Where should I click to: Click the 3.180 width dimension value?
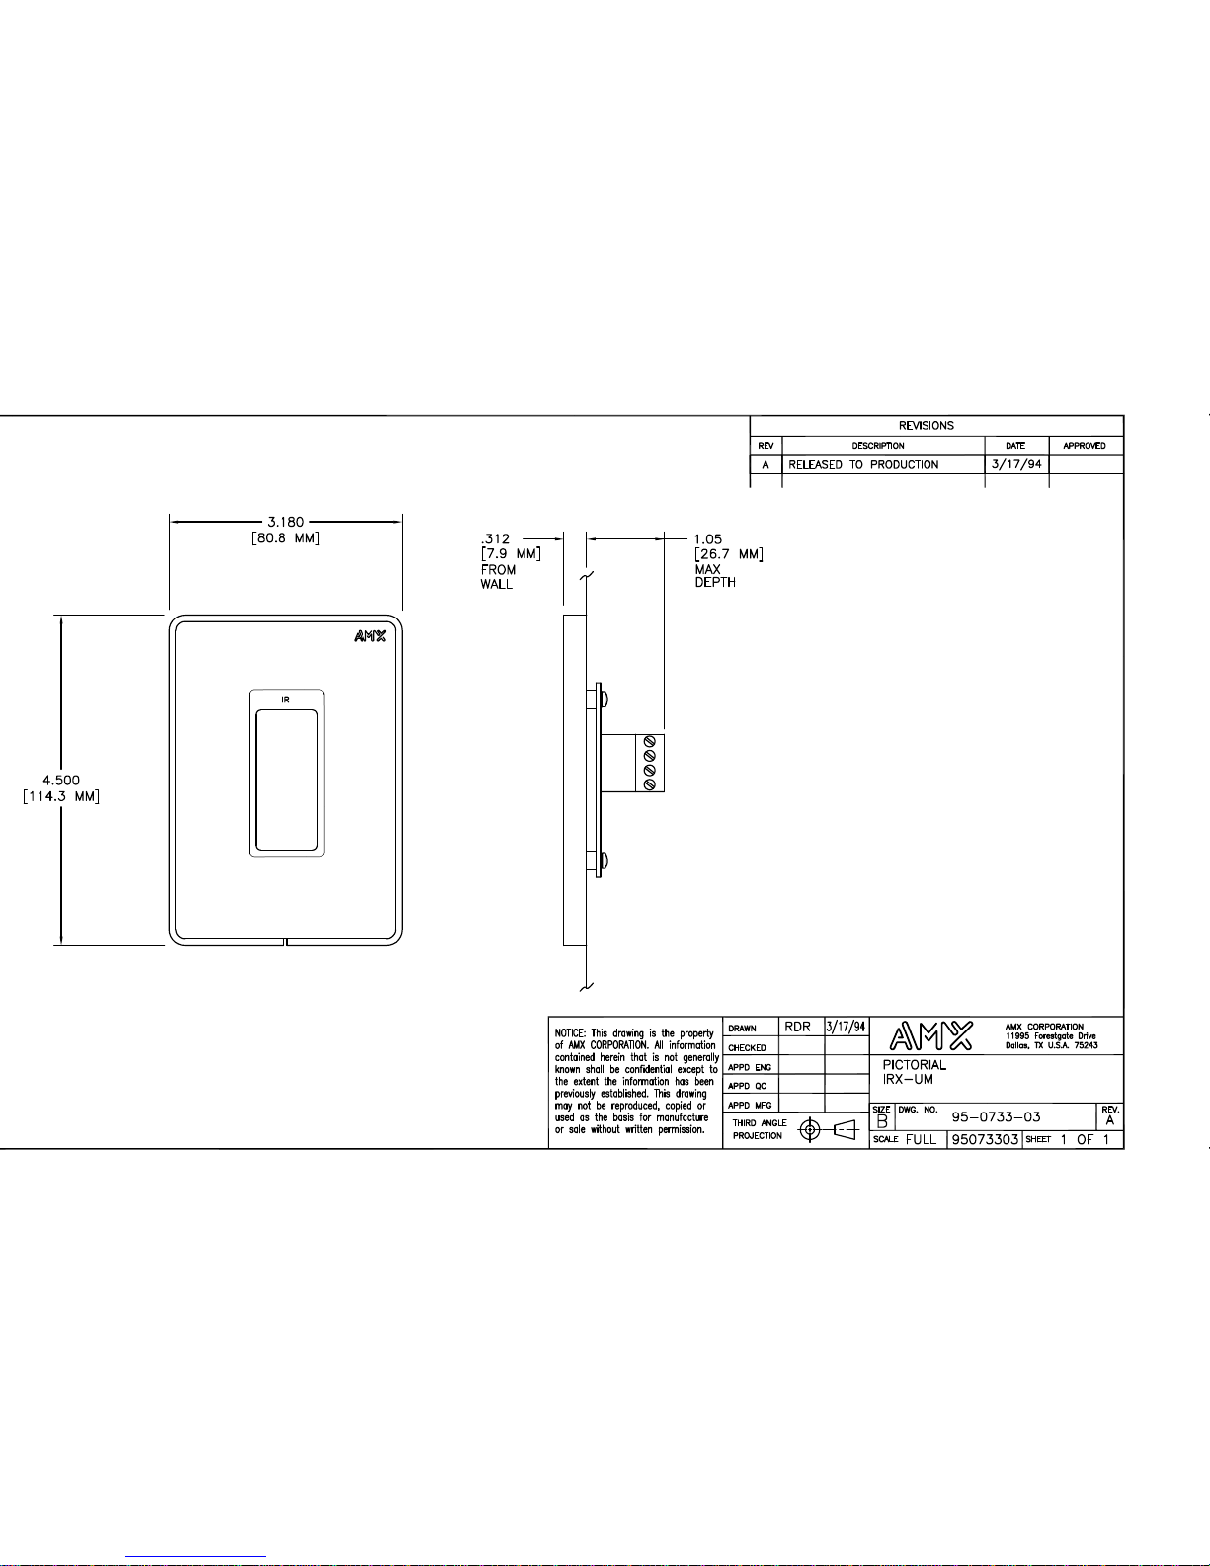point(285,522)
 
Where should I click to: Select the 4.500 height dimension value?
point(61,781)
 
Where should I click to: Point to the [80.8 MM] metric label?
point(285,538)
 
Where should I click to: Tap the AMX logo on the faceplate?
point(370,635)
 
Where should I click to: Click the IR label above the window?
point(285,700)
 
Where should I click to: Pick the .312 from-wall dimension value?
point(496,539)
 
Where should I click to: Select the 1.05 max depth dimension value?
point(708,539)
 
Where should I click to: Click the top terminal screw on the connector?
point(650,742)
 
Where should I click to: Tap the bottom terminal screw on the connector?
point(650,784)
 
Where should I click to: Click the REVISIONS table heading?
point(927,426)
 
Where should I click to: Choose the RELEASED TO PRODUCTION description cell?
point(863,464)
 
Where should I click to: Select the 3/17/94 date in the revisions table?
point(1016,464)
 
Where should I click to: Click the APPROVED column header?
point(1085,446)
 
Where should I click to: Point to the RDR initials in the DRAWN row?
point(797,1027)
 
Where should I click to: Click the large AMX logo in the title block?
point(931,1035)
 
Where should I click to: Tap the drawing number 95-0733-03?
point(996,1117)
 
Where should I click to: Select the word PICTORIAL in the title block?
point(915,1065)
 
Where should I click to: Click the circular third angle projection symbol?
point(810,1130)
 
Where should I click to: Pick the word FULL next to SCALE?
point(922,1139)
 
